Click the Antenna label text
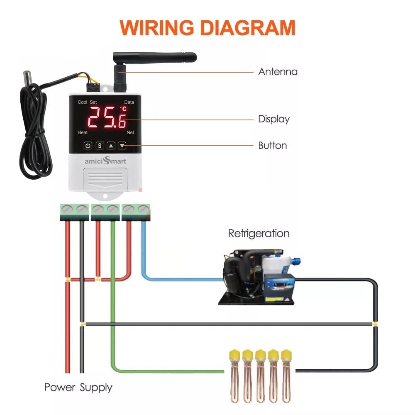pos(278,71)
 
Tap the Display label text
pos(273,119)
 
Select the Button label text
pos(272,146)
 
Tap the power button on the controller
pos(88,146)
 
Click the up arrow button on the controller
pos(111,146)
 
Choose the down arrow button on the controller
pos(122,146)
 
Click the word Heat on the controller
pos(83,132)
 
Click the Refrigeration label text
pos(259,233)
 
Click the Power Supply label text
pos(78,388)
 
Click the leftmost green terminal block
pos(74,211)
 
